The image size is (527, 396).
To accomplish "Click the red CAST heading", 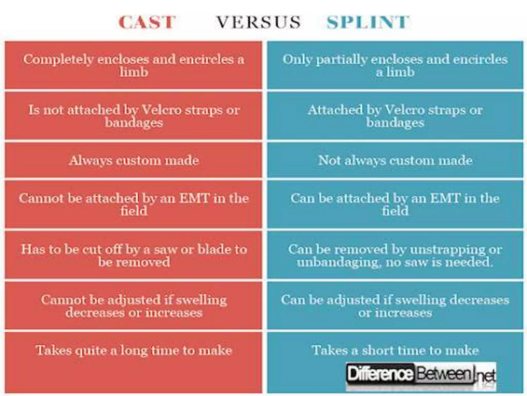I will pos(147,22).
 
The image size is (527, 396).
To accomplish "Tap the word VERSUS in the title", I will pos(258,22).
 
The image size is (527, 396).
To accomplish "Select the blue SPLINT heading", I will pos(368,22).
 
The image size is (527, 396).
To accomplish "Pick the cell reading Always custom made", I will pos(134,160).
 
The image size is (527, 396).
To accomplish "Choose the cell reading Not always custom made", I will pos(395,160).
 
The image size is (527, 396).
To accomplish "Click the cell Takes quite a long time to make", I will pos(134,350).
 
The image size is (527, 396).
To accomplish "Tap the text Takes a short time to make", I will pos(395,350).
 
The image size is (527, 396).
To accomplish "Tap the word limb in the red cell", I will pos(134,72).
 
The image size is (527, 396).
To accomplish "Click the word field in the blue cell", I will pos(395,211).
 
